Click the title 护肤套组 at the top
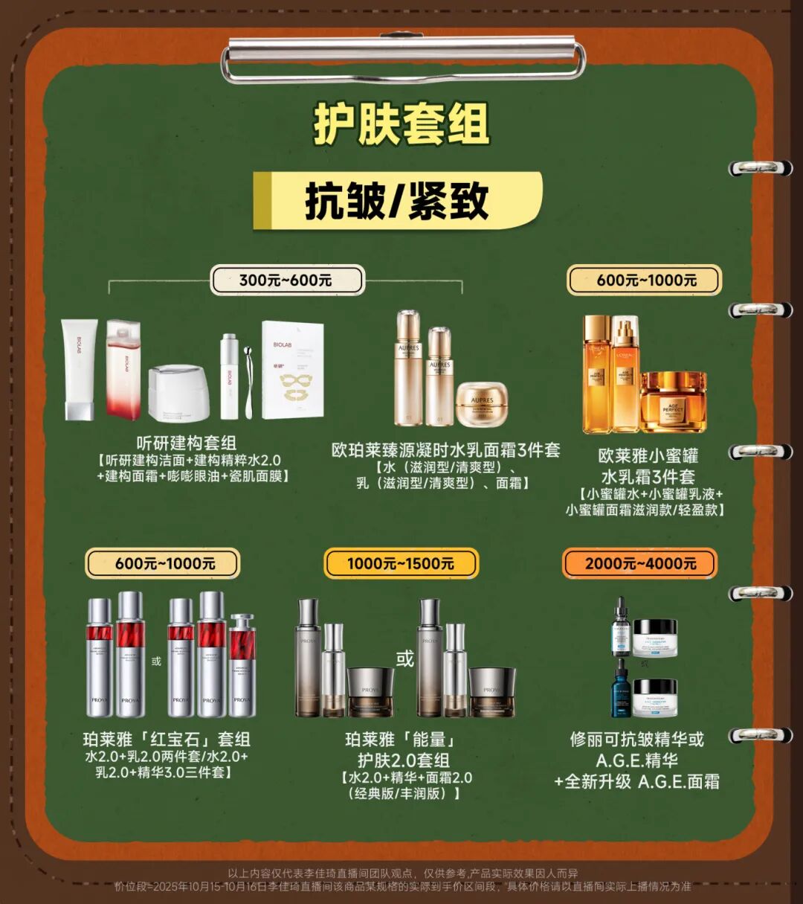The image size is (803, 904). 401,124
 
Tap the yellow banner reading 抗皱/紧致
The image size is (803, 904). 397,201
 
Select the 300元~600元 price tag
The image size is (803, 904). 286,281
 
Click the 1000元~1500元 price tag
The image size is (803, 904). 401,563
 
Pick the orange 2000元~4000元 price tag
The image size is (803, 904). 640,563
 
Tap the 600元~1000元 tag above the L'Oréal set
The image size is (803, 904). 645,281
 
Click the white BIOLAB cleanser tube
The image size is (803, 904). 79,369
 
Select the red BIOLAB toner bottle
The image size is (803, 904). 123,369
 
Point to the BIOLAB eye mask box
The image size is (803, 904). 292,369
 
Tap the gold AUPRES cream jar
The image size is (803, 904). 482,404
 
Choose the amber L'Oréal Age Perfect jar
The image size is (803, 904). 673,402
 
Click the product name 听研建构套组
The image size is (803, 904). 187,443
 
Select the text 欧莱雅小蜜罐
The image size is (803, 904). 648,455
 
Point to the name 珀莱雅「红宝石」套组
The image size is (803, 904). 167,739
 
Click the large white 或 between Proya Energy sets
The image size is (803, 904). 404,658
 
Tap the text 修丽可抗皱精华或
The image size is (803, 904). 636,739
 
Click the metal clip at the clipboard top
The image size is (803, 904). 402,59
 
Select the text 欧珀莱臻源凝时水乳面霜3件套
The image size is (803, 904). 445,450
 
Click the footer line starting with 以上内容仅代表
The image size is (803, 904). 402,873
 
